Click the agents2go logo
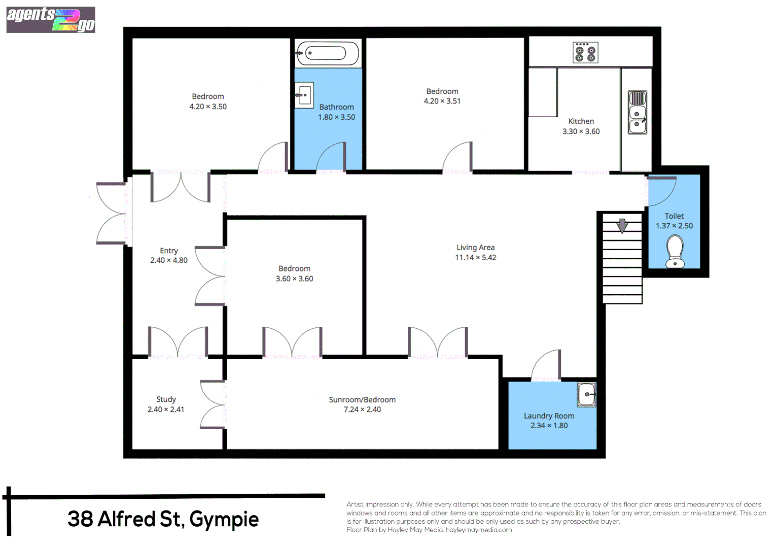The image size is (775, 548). click(51, 20)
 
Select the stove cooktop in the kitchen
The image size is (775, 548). click(585, 52)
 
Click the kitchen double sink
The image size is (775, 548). click(637, 113)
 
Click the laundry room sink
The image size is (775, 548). click(587, 394)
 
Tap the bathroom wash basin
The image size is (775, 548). click(304, 95)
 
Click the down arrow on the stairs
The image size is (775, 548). click(622, 225)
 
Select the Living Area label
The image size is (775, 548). click(475, 248)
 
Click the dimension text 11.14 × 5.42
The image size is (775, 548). click(475, 258)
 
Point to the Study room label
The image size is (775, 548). click(166, 399)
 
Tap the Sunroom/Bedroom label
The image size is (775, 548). click(362, 400)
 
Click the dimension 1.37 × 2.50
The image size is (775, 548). click(674, 226)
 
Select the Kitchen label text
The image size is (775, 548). click(581, 121)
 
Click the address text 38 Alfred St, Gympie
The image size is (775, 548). click(163, 519)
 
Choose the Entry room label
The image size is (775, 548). click(168, 251)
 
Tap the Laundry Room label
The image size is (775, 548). click(549, 416)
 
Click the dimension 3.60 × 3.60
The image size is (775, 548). click(294, 279)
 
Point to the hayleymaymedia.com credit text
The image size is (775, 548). click(479, 530)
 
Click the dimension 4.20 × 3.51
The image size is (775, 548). click(442, 101)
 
